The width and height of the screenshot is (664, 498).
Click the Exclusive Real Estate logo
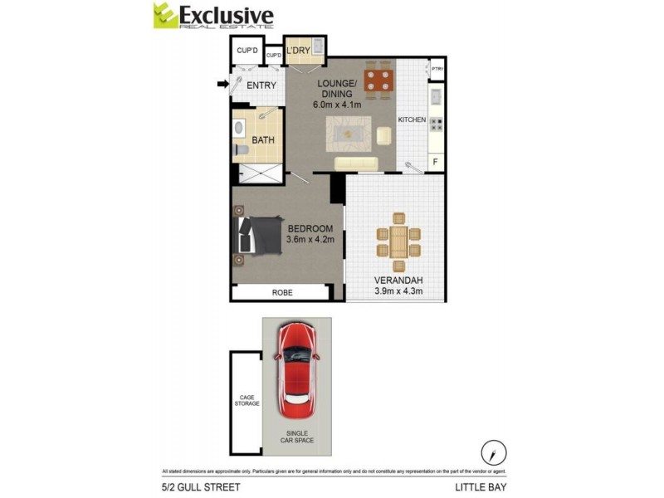point(212,16)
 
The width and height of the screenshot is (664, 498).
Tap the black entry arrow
point(222,83)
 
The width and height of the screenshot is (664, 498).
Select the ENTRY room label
point(261,85)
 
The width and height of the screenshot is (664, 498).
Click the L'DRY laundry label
point(298,51)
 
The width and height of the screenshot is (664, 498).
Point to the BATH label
point(263,140)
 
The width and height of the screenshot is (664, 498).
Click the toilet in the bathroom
point(238,129)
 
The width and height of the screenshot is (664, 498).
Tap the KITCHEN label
point(412,120)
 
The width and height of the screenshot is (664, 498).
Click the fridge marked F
point(436,162)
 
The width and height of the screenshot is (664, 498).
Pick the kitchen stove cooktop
point(436,124)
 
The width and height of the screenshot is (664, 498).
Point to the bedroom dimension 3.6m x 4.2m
point(310,240)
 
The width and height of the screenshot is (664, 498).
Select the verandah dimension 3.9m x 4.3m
point(398,291)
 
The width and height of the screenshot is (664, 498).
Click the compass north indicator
point(494,452)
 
